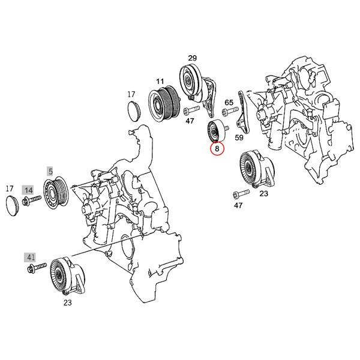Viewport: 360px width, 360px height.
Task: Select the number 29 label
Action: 192,58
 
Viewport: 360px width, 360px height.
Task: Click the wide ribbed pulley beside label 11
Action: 162,103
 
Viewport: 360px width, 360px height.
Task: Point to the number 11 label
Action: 160,80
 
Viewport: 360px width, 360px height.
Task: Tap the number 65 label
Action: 229,103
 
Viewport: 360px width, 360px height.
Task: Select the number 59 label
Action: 238,137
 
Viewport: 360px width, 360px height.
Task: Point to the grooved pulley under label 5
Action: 58,192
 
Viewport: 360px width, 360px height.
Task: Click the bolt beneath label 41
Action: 35,266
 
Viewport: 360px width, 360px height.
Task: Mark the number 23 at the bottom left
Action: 67,303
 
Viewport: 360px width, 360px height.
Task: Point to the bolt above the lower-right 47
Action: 238,194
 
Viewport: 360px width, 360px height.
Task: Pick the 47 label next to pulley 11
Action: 190,121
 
